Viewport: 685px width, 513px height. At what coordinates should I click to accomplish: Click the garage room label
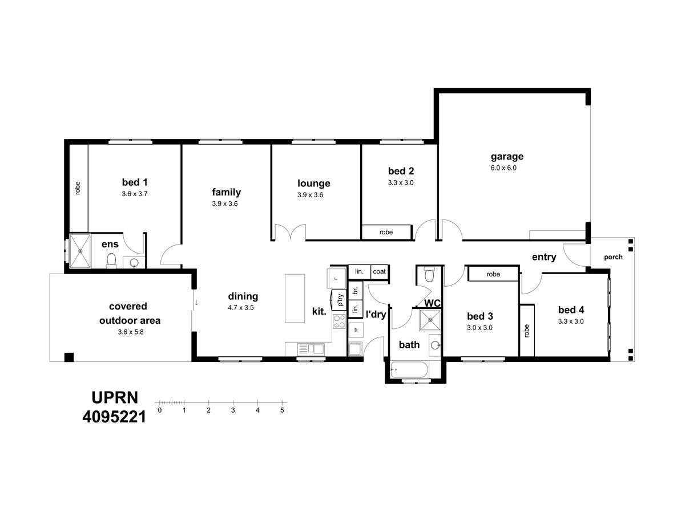(x=507, y=157)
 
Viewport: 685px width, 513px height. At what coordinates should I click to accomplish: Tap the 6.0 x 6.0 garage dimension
(x=503, y=168)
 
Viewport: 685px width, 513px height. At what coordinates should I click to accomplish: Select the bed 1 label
(x=135, y=182)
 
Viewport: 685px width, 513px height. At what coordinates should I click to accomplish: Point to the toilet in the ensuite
(x=111, y=260)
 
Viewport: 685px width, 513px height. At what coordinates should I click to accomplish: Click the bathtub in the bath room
(x=409, y=369)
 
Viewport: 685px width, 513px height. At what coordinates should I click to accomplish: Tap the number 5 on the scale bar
(x=282, y=410)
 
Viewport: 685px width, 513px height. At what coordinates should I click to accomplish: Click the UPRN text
(x=115, y=398)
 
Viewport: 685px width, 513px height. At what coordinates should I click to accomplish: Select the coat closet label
(x=379, y=272)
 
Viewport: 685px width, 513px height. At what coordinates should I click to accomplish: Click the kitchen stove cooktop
(x=339, y=321)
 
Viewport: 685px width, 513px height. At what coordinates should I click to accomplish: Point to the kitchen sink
(x=311, y=349)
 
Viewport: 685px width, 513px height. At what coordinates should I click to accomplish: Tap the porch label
(x=613, y=257)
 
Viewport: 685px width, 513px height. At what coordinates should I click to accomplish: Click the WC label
(x=432, y=303)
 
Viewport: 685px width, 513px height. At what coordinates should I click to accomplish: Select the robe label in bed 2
(x=386, y=233)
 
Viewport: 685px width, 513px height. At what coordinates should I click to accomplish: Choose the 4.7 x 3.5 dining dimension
(x=241, y=308)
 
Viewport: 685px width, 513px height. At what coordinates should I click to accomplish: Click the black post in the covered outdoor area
(x=69, y=357)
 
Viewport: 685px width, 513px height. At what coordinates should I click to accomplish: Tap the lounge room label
(x=313, y=184)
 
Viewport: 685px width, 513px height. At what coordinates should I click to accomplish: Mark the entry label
(x=544, y=257)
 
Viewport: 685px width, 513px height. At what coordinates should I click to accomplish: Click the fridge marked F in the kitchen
(x=336, y=279)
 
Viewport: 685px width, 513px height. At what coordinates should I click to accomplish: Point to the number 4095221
(x=115, y=417)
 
